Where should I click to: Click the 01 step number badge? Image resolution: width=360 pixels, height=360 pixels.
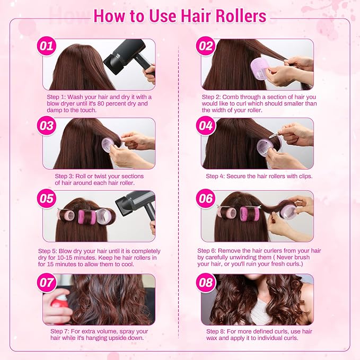coord(47,46)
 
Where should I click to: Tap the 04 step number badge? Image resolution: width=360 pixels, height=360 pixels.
coord(205,126)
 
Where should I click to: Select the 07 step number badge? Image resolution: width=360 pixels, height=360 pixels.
coord(47,282)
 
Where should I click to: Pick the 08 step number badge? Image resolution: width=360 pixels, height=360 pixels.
coord(205,282)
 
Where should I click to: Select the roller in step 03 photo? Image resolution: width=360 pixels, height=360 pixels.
coord(108,144)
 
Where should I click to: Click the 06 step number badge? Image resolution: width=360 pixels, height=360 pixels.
coord(205,199)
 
